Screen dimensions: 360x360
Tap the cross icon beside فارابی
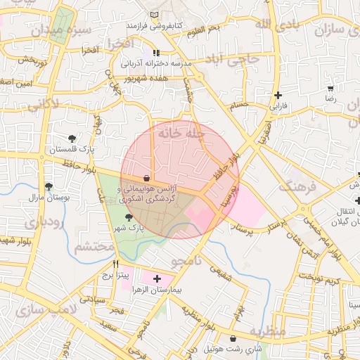(x=279, y=95)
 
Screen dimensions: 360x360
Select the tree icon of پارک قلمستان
(x=72, y=138)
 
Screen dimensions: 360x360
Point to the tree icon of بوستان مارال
(x=48, y=186)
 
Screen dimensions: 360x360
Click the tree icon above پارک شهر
(x=127, y=217)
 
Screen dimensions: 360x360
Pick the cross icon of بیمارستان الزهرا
(x=157, y=279)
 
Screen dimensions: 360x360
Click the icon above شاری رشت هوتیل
(x=232, y=339)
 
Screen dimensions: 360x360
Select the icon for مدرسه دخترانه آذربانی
(x=156, y=53)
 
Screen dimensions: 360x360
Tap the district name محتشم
(x=94, y=247)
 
